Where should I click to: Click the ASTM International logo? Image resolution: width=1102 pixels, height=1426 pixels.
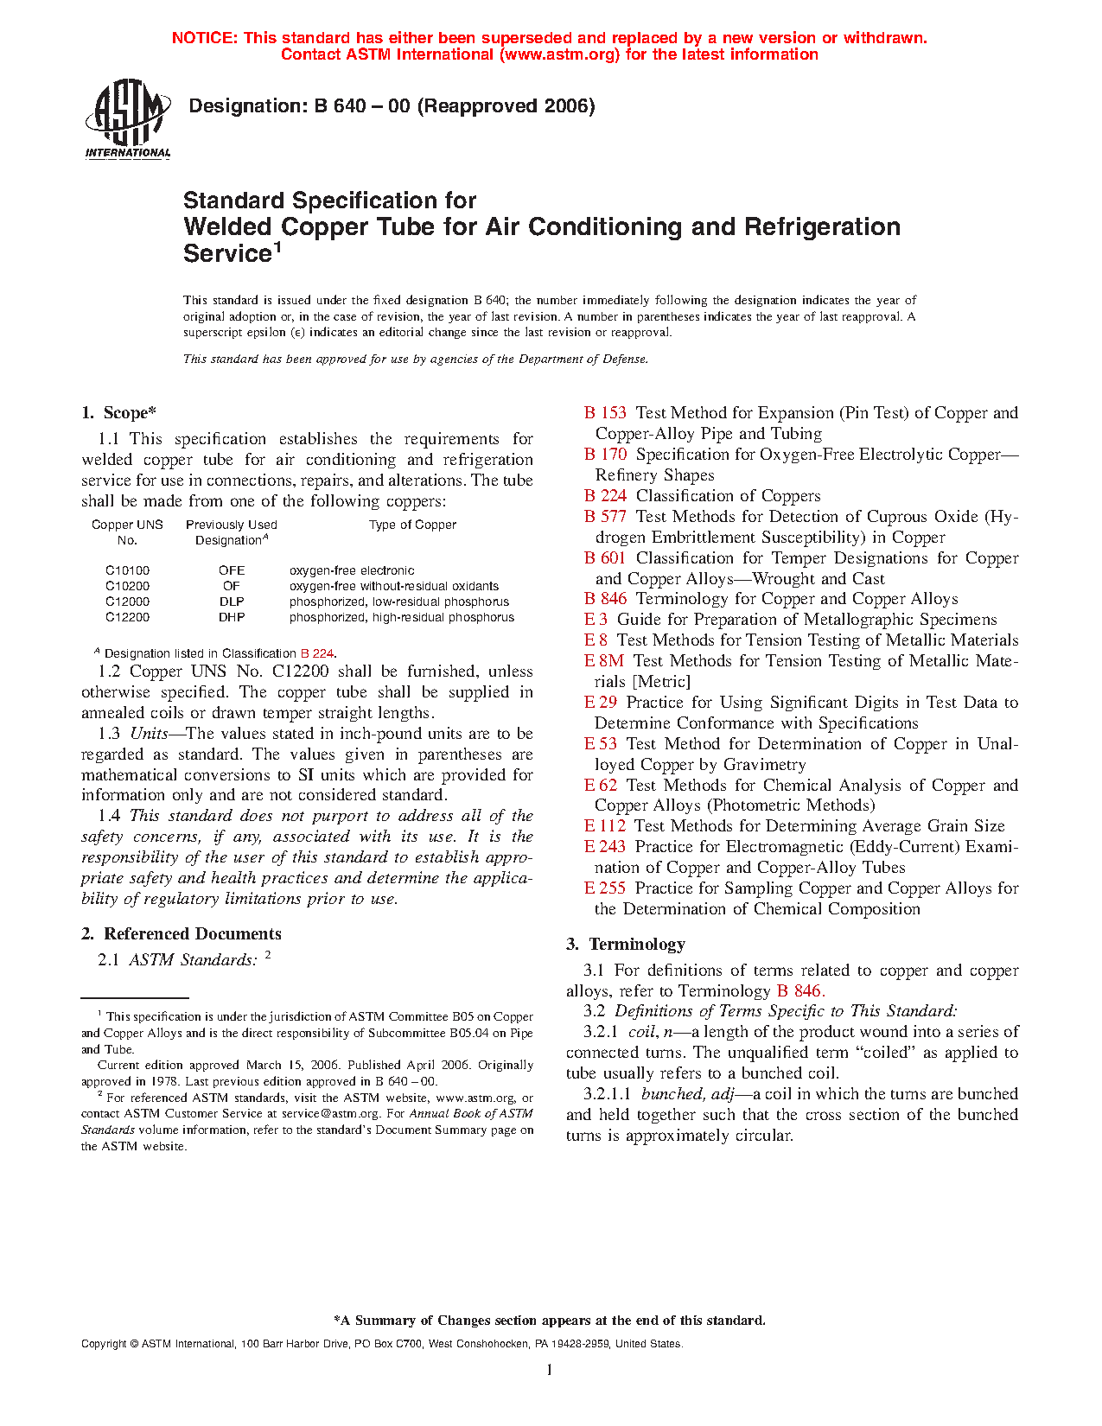[128, 119]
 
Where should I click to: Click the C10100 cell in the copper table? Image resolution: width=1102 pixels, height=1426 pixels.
[127, 570]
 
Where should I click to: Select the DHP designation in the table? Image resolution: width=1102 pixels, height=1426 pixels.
[232, 617]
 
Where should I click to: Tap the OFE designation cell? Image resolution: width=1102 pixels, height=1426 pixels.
[232, 570]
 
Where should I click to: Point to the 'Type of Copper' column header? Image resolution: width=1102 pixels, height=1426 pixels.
[412, 525]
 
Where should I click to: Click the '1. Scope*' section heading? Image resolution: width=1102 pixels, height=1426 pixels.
[118, 413]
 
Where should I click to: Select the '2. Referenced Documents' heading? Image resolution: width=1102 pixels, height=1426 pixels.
[182, 934]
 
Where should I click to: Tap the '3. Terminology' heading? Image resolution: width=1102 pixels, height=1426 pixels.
[626, 945]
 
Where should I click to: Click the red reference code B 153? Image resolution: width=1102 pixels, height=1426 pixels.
[605, 413]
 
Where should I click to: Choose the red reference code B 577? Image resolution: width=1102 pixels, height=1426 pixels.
[605, 517]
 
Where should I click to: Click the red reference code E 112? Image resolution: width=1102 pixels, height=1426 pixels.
[605, 826]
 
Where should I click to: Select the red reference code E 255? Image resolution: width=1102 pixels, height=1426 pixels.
[605, 888]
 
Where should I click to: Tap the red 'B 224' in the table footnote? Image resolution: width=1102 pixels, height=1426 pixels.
[316, 654]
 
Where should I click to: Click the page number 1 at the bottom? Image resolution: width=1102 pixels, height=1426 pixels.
[550, 1370]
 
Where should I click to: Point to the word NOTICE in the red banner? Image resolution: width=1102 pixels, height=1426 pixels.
[204, 38]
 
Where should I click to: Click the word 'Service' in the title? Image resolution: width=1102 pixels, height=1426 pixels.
[227, 254]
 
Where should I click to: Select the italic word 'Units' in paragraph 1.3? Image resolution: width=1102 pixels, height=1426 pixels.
[149, 734]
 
